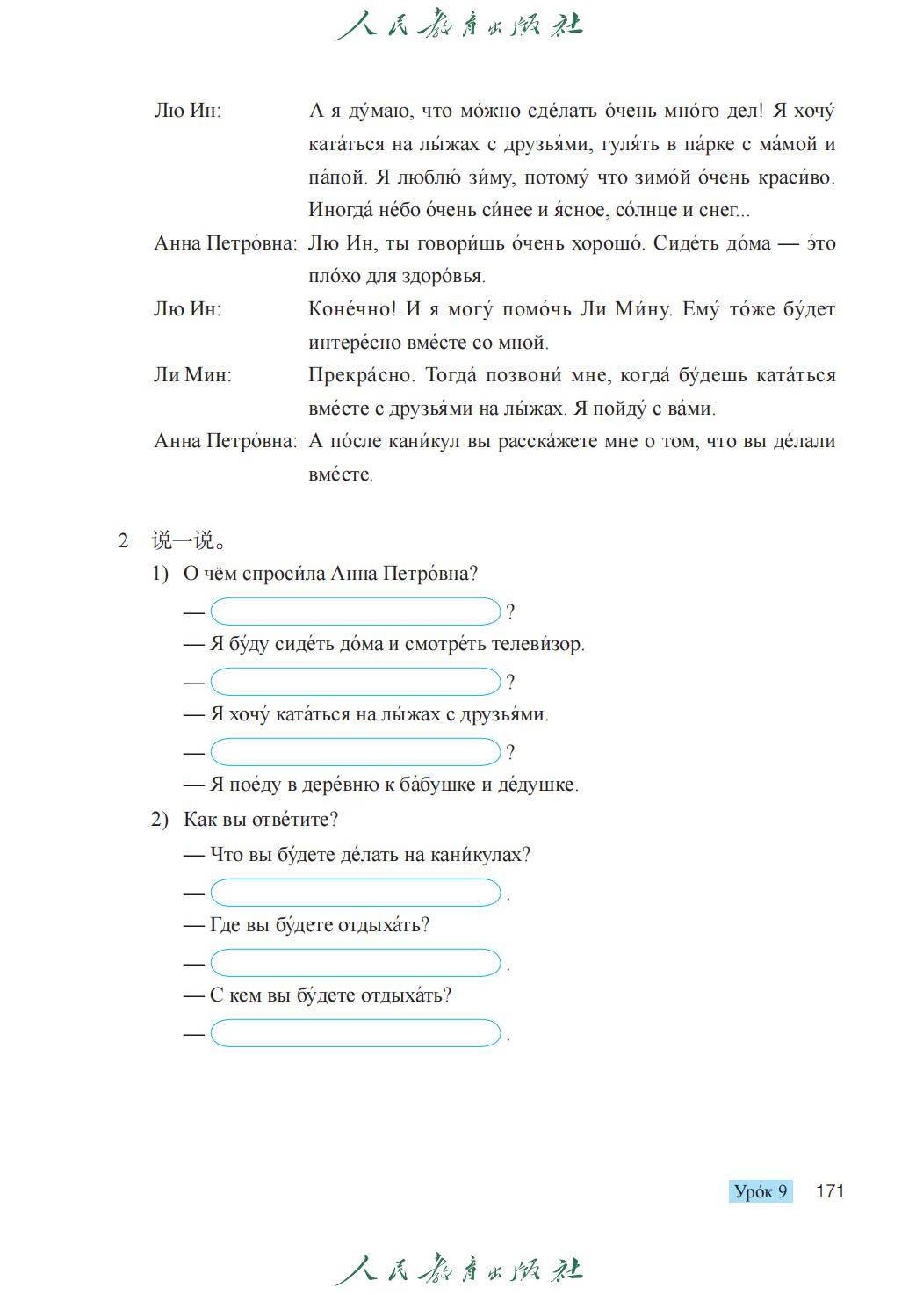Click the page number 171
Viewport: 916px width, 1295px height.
point(829,1191)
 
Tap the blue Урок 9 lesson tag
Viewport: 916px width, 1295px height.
point(761,1191)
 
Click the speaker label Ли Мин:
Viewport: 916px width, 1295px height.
point(192,375)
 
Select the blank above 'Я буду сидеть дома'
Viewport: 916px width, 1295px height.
point(356,611)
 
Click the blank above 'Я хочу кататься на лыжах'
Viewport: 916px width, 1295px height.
point(356,682)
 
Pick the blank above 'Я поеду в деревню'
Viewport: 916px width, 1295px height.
point(356,752)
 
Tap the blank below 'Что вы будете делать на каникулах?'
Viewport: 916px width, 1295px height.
point(356,893)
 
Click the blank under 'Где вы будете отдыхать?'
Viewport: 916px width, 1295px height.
point(356,963)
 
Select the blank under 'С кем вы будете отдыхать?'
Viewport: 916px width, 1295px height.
point(356,1033)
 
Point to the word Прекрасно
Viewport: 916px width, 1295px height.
point(363,375)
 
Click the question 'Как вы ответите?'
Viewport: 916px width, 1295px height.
point(261,820)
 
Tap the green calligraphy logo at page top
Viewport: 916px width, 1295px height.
point(458,25)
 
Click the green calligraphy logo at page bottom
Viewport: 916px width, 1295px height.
point(458,1270)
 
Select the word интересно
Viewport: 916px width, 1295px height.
point(350,343)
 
